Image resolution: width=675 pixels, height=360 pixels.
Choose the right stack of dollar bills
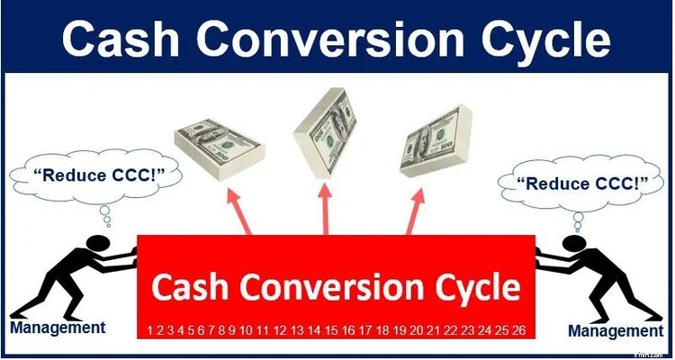(x=442, y=141)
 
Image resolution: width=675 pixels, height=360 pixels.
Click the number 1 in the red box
(x=150, y=331)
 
